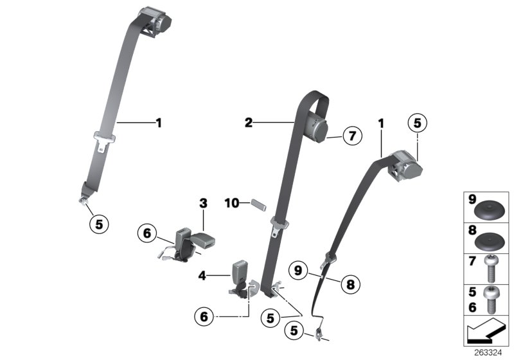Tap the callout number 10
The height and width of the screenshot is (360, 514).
[x=231, y=203]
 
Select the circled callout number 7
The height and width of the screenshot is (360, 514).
[x=352, y=136]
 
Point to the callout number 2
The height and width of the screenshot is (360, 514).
[x=249, y=121]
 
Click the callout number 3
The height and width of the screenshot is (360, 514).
[x=203, y=204]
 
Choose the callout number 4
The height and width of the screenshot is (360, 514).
[x=202, y=276]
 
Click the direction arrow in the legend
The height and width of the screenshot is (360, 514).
[x=486, y=333]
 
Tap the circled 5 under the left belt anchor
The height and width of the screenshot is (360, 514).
[x=98, y=224]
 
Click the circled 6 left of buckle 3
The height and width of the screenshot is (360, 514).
[x=146, y=233]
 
